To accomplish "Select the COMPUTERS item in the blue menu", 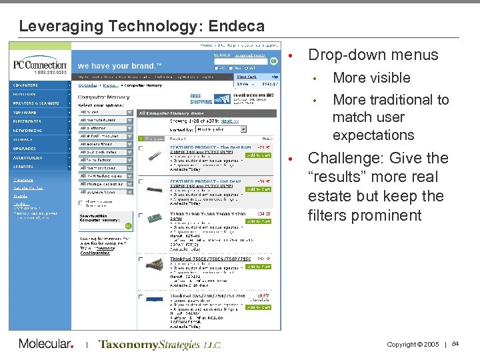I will click(27, 85).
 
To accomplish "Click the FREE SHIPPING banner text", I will click(201, 99).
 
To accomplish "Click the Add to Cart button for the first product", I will click(258, 155).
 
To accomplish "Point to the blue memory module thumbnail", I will click(155, 299).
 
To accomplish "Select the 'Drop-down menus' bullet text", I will click(373, 55).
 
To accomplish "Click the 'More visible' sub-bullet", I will click(371, 77).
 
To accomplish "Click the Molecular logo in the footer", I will click(45, 344).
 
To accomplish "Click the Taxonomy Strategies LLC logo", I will click(159, 345).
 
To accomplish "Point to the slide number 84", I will click(455, 344).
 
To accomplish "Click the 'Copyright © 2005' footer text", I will click(413, 345).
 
